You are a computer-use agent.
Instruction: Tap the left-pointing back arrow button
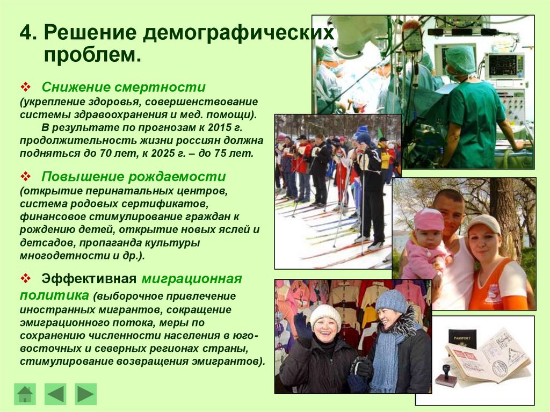55,394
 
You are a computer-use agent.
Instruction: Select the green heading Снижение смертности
124,87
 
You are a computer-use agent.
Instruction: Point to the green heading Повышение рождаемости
134,177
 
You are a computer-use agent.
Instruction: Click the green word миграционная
192,279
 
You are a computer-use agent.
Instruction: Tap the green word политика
54,294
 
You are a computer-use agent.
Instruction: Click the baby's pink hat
429,219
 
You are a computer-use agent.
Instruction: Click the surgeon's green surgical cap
460,58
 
